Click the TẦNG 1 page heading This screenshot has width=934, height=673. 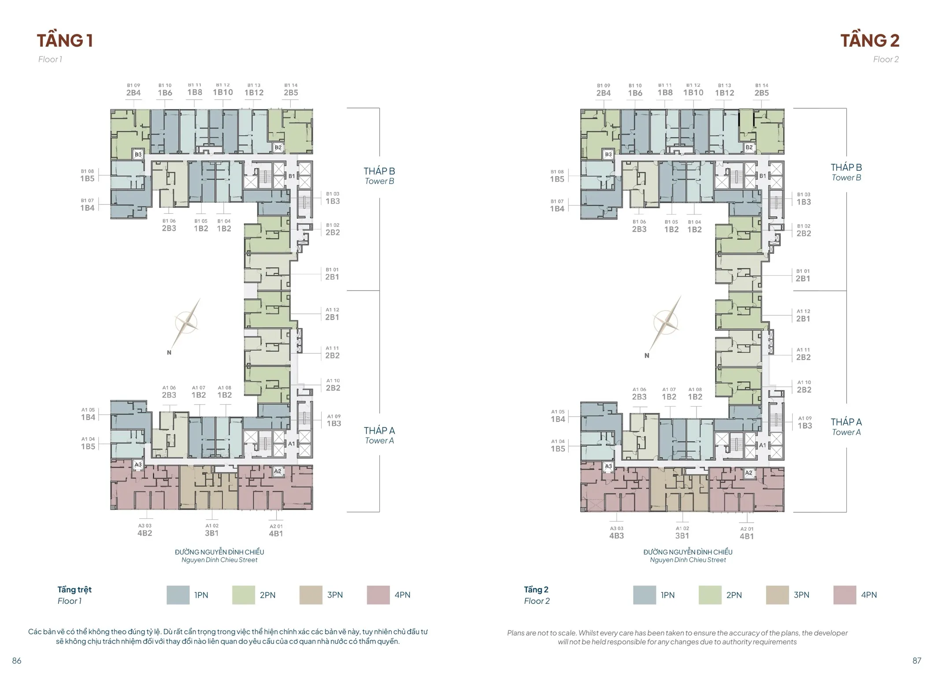click(x=65, y=41)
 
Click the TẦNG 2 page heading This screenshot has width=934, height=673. click(x=870, y=41)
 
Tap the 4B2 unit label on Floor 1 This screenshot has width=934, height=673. click(x=145, y=533)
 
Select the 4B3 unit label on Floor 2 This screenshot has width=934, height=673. click(x=616, y=536)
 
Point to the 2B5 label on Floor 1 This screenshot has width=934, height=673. click(x=291, y=93)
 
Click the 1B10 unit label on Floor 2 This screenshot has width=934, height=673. click(x=693, y=92)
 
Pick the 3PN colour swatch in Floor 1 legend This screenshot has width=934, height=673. click(x=311, y=595)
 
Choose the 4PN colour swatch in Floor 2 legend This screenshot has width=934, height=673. click(x=845, y=595)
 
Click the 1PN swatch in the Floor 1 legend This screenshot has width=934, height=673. click(x=178, y=595)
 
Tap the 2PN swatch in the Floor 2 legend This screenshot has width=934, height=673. click(x=710, y=595)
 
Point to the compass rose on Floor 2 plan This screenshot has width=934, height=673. click(x=665, y=322)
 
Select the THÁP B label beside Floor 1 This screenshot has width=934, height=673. click(x=379, y=171)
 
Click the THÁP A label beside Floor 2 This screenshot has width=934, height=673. click(x=846, y=422)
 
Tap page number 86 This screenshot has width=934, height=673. click(x=17, y=661)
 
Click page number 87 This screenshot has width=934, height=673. click(x=917, y=661)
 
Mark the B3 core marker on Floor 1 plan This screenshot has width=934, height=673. click(x=138, y=155)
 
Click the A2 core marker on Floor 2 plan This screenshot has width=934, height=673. click(x=749, y=473)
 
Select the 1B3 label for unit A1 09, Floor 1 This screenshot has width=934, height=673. click(x=334, y=424)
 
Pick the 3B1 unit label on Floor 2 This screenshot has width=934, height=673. click(x=682, y=536)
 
